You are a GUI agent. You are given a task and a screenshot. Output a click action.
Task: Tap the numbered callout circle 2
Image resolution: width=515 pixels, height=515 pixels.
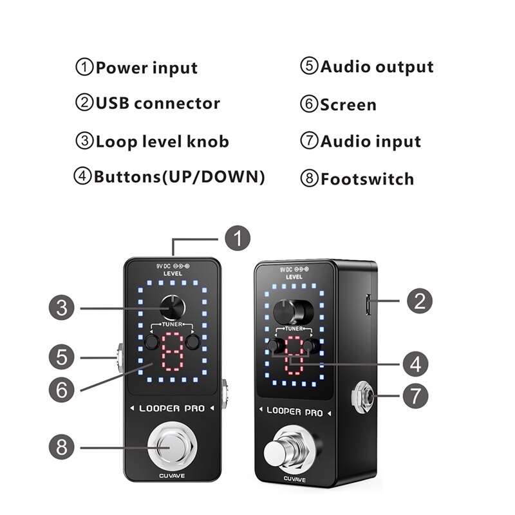point(419,300)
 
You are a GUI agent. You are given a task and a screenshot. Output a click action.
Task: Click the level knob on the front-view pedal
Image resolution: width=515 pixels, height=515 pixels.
point(173,306)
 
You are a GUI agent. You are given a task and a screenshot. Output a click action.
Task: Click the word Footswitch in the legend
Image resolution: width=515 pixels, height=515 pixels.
point(367,179)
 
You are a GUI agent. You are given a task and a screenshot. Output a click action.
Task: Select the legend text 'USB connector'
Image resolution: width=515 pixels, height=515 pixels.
point(157,103)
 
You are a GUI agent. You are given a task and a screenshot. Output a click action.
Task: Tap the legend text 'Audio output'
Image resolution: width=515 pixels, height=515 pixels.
point(377,66)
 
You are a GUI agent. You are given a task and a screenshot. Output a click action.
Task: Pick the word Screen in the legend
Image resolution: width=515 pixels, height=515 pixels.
point(348,105)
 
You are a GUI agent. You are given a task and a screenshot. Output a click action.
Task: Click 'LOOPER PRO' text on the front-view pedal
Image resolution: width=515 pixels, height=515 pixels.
point(172,408)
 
